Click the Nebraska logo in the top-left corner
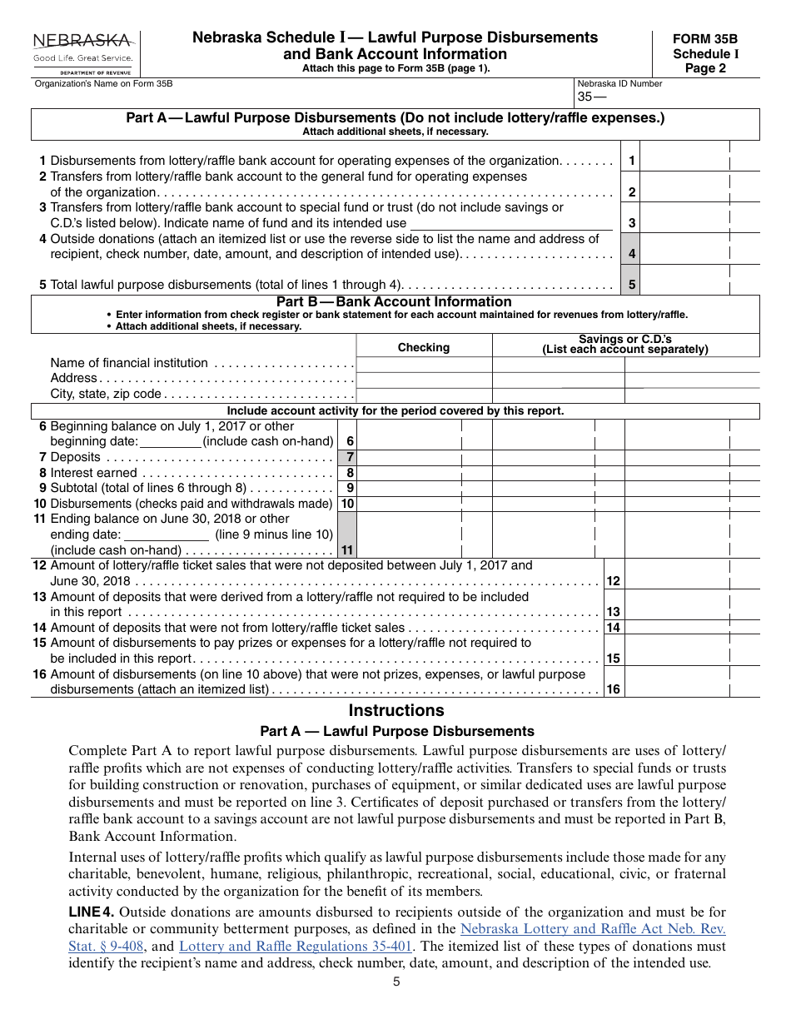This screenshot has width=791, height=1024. click(x=82, y=52)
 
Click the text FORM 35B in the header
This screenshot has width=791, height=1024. click(x=705, y=39)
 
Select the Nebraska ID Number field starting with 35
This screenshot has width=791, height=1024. click(x=666, y=97)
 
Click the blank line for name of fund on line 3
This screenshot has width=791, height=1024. click(x=510, y=222)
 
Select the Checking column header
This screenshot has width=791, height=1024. click(x=423, y=347)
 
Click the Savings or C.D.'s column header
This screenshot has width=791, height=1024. click(x=624, y=344)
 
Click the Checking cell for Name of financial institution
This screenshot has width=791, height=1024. click(x=424, y=364)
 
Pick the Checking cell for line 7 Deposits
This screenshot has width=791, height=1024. click(x=409, y=457)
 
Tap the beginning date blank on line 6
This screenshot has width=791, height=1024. click(x=170, y=441)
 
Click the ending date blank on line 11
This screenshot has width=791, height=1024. click(x=166, y=534)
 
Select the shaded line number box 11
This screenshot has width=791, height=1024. click(x=347, y=534)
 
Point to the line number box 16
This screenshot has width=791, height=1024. click(x=613, y=688)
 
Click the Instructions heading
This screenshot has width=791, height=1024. click(x=395, y=710)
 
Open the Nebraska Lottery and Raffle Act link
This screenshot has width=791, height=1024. click(x=592, y=928)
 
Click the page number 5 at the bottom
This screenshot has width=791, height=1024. click(x=396, y=982)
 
